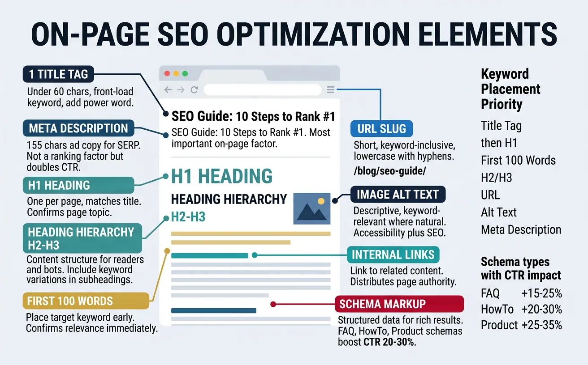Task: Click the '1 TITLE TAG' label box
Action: click(58, 74)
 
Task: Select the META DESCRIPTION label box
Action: click(78, 128)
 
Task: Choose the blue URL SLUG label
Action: click(381, 129)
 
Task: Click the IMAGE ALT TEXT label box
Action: click(398, 195)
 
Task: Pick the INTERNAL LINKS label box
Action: click(393, 255)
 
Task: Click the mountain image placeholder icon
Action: click(311, 208)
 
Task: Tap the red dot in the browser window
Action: click(168, 73)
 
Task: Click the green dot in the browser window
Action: click(185, 73)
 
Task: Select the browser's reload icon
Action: click(194, 90)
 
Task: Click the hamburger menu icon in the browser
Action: click(331, 90)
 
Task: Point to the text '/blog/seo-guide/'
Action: click(389, 171)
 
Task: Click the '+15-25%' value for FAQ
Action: click(541, 293)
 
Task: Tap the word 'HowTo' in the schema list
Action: click(497, 309)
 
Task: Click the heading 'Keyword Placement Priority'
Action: click(510, 89)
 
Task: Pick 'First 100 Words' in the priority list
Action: click(518, 160)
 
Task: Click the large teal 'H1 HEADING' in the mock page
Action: click(222, 176)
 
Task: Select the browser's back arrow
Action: click(168, 90)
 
